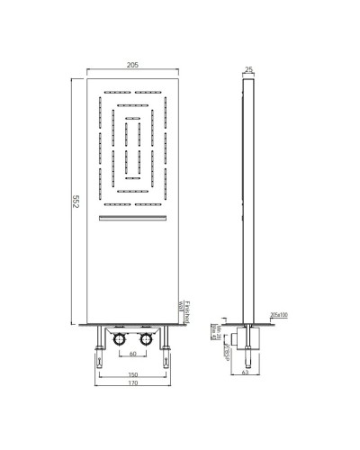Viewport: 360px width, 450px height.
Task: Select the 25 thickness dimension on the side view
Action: click(x=248, y=68)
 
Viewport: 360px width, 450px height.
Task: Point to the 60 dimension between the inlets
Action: click(x=132, y=353)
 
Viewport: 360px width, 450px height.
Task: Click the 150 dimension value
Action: click(x=132, y=374)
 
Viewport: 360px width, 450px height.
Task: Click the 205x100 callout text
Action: click(x=279, y=315)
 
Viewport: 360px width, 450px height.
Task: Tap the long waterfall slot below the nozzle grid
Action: click(x=132, y=219)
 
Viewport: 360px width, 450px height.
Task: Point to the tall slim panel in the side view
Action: click(x=248, y=198)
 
